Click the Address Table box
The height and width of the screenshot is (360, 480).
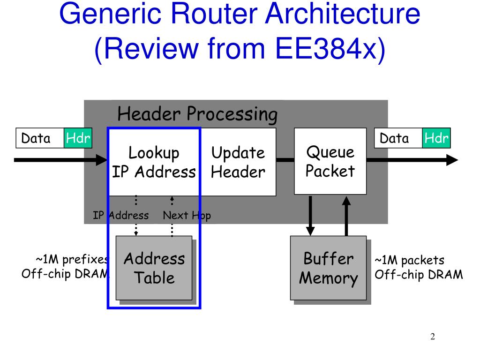154,268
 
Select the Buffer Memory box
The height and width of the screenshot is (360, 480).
328,268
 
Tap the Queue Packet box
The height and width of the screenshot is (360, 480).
330,161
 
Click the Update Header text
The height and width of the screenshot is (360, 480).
238,162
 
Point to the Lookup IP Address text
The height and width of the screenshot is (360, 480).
154,162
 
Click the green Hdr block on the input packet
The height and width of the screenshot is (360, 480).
78,138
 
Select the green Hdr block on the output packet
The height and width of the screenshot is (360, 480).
436,138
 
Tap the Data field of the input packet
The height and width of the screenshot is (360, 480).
40,138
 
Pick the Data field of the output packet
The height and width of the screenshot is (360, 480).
398,138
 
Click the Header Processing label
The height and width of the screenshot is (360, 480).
197,114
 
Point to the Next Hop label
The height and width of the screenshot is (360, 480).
187,216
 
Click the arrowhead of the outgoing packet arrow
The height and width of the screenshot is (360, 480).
452,160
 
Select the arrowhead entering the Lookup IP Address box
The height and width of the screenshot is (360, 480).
102,160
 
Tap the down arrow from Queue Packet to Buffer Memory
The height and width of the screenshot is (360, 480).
310,216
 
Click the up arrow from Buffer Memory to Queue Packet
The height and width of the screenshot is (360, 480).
346,216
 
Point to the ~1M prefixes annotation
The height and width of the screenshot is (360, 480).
65,267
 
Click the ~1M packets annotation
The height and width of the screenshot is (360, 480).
419,267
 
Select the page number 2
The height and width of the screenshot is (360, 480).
433,337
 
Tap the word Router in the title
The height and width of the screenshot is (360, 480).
214,14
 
